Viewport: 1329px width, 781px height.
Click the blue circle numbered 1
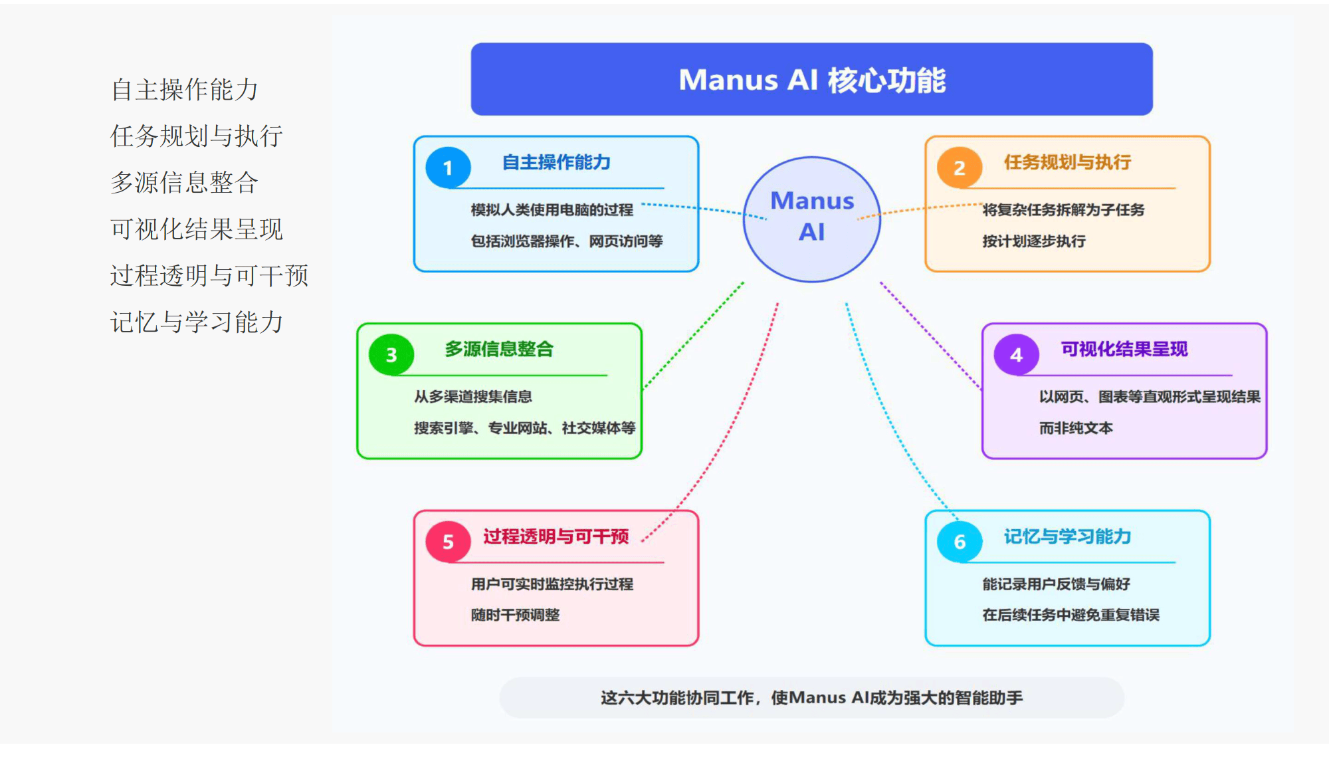(448, 167)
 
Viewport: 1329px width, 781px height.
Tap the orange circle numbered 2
(960, 167)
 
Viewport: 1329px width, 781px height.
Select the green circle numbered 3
(391, 354)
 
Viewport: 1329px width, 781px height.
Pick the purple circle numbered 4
(1016, 354)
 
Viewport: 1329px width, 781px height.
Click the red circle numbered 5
(448, 542)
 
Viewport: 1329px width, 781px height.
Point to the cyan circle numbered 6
(960, 542)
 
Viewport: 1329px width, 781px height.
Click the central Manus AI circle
(812, 218)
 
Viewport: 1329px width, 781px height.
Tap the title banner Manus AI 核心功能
(811, 80)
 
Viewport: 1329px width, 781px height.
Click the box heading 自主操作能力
(556, 162)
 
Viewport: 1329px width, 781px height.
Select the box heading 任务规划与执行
(1067, 162)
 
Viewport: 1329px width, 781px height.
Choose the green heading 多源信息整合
(499, 349)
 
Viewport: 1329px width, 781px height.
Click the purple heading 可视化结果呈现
(1124, 349)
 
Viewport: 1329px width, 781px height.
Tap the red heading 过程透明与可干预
(556, 536)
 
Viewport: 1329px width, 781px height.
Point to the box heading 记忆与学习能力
(1067, 536)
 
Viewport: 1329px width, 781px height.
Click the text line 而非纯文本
(1076, 428)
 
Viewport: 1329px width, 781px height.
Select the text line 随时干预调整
(515, 615)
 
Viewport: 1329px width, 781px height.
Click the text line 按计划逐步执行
(1034, 241)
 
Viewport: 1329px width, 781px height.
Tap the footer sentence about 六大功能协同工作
(811, 697)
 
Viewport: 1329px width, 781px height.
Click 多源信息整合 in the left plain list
(184, 182)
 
